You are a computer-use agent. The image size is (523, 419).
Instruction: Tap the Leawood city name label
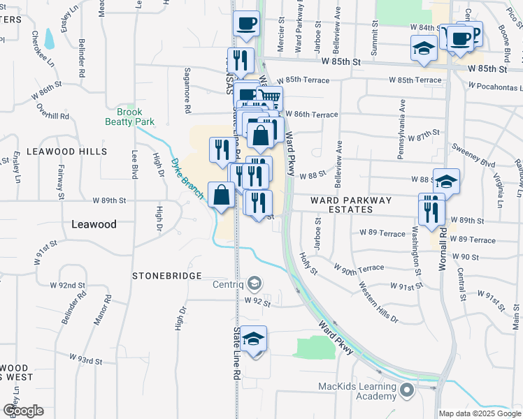(94, 224)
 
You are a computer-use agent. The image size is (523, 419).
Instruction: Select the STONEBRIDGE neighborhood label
(167, 276)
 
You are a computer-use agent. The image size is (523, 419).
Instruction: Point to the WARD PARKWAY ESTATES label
(351, 205)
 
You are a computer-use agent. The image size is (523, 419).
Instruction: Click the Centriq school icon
(255, 284)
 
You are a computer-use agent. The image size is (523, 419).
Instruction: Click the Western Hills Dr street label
(378, 302)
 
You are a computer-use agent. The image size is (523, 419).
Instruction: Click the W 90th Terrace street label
(359, 268)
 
